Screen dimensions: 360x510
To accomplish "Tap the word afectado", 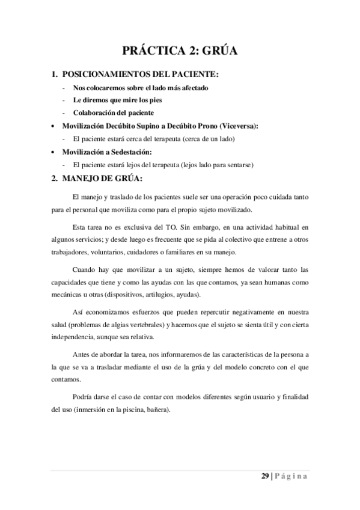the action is point(192,88).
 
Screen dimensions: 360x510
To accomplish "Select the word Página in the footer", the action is point(291,476).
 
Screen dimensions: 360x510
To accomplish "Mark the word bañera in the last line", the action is point(160,411).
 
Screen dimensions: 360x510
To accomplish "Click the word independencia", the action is point(75,336).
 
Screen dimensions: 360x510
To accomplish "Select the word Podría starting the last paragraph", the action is point(82,399).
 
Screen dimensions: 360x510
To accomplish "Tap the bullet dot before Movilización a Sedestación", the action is point(53,152).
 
